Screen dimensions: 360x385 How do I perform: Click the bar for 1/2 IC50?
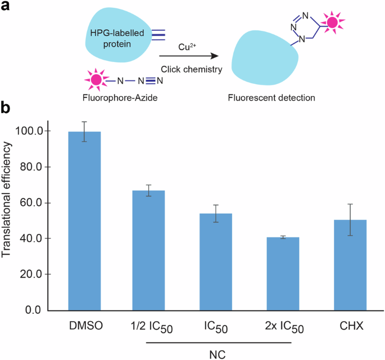click(x=148, y=250)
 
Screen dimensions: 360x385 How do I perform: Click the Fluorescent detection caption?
click(x=271, y=97)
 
